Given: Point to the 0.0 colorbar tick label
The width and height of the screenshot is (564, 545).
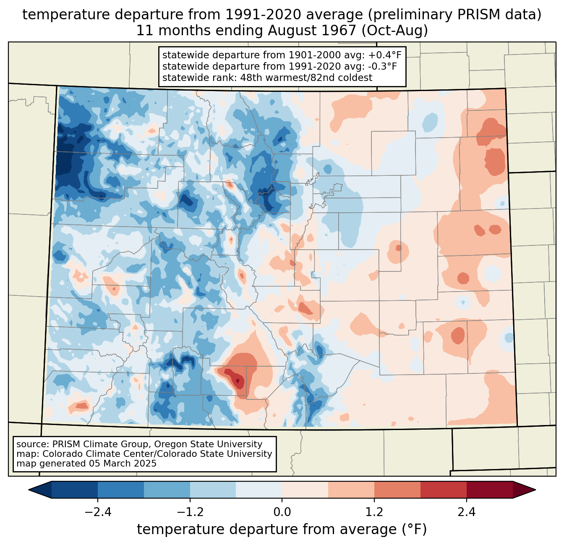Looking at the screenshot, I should click(282, 512).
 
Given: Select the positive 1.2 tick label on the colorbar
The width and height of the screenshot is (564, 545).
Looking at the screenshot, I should click(374, 512).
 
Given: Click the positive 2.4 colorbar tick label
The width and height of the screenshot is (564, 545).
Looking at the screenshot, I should click(467, 512).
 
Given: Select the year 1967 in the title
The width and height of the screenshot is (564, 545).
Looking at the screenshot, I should click(340, 31).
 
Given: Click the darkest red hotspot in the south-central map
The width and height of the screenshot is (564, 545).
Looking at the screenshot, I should click(238, 381).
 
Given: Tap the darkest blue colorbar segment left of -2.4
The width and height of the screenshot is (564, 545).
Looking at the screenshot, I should click(75, 490).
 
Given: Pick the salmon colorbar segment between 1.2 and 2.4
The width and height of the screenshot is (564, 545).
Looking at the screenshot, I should click(397, 490).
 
